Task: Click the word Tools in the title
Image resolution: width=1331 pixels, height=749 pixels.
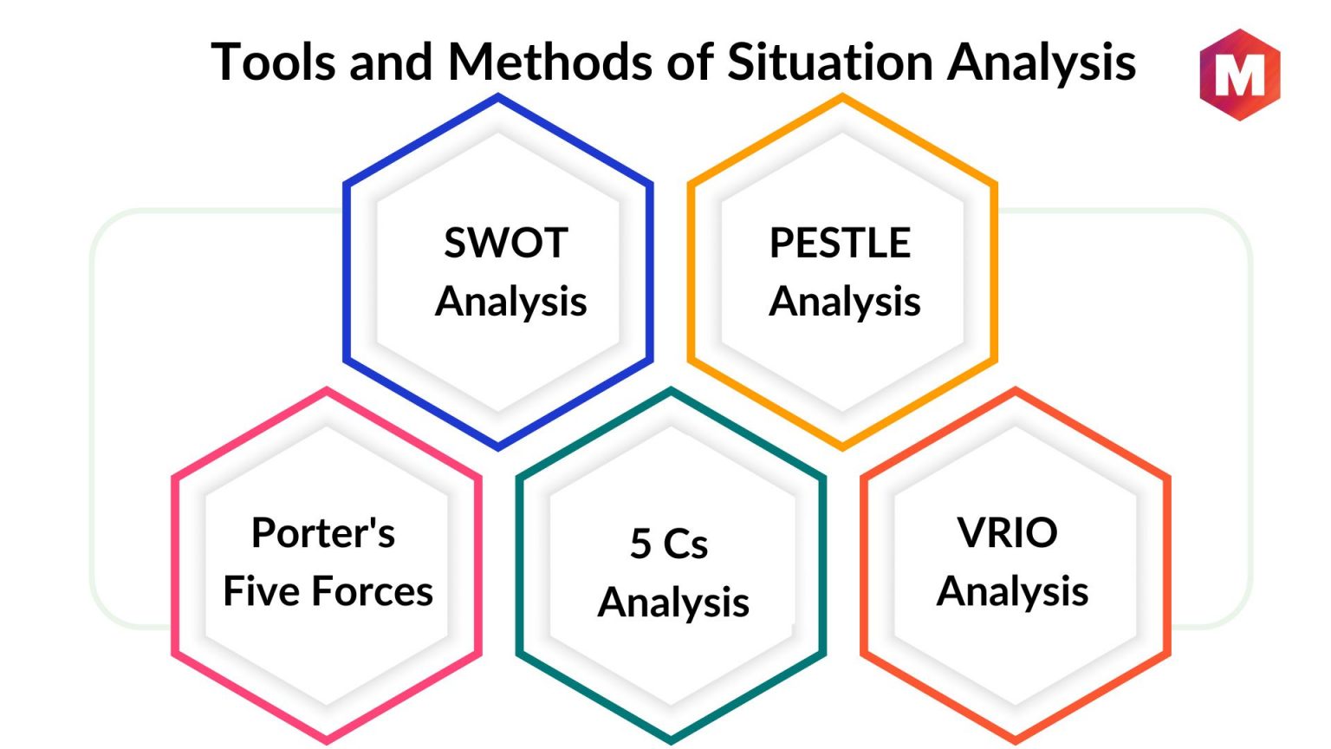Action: pyautogui.click(x=273, y=62)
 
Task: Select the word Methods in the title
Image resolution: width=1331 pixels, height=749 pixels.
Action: pyautogui.click(x=549, y=62)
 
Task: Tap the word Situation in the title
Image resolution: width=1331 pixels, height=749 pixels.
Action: pyautogui.click(x=830, y=62)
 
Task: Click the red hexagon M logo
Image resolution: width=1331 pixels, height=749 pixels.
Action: pyautogui.click(x=1239, y=75)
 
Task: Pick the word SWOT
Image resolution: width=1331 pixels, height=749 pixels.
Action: pyautogui.click(x=506, y=243)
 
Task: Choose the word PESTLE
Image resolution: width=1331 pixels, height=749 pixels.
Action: pyautogui.click(x=840, y=243)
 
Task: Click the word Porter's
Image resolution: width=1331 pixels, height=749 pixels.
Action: pyautogui.click(x=323, y=532)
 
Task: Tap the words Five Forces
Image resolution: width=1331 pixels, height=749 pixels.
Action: pyautogui.click(x=328, y=591)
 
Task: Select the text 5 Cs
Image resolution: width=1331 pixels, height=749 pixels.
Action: pyautogui.click(x=669, y=544)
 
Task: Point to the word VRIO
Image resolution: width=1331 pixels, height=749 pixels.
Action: pyautogui.click(x=1007, y=532)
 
